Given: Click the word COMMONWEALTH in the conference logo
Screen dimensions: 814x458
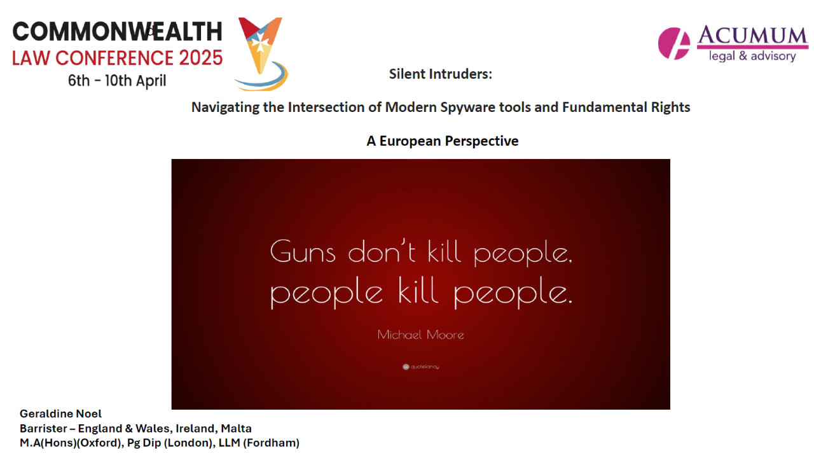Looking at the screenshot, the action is point(117,31).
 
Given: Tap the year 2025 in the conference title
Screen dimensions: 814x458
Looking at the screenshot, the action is point(200,58).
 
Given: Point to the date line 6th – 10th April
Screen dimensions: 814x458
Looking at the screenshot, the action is point(117,81).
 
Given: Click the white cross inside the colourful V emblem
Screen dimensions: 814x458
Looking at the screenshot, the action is point(260,45).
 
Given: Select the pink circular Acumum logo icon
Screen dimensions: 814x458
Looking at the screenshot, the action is point(674,43).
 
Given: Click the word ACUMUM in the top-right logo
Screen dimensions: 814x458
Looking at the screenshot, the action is point(752,35).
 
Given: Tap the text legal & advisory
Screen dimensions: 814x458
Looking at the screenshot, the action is point(752,56).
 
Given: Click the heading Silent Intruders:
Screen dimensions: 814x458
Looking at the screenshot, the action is point(441,74).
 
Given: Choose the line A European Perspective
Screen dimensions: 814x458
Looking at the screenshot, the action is point(442,141).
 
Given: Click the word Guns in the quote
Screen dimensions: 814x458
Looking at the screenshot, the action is point(303,251).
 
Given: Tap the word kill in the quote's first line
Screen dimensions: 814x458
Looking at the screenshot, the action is point(444,251).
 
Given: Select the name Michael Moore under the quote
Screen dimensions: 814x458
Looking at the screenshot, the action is point(420,335).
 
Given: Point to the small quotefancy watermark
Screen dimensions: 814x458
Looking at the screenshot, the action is point(421,367).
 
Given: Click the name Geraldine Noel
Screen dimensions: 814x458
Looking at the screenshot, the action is point(60,413).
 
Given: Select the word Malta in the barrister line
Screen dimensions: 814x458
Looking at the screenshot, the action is point(236,429).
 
